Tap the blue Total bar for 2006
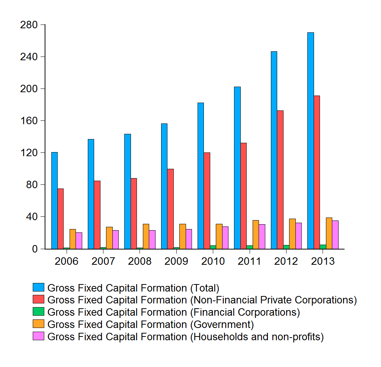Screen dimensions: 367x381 pyautogui.click(x=54, y=200)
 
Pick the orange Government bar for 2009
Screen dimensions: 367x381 pyautogui.click(x=183, y=236)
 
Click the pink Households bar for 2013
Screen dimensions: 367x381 pyautogui.click(x=335, y=235)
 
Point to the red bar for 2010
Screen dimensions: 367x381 pyautogui.click(x=207, y=201)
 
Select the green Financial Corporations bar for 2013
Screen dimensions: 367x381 pyautogui.click(x=323, y=247)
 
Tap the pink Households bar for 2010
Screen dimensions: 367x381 pyautogui.click(x=225, y=238)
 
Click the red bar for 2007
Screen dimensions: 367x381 pyautogui.click(x=97, y=215)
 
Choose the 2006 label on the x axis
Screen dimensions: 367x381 pyautogui.click(x=67, y=261)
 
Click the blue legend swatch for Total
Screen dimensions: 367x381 pyautogui.click(x=39, y=287)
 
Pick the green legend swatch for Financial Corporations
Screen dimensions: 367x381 pyautogui.click(x=39, y=312)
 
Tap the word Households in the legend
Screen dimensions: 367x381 pyautogui.click(x=217, y=337)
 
